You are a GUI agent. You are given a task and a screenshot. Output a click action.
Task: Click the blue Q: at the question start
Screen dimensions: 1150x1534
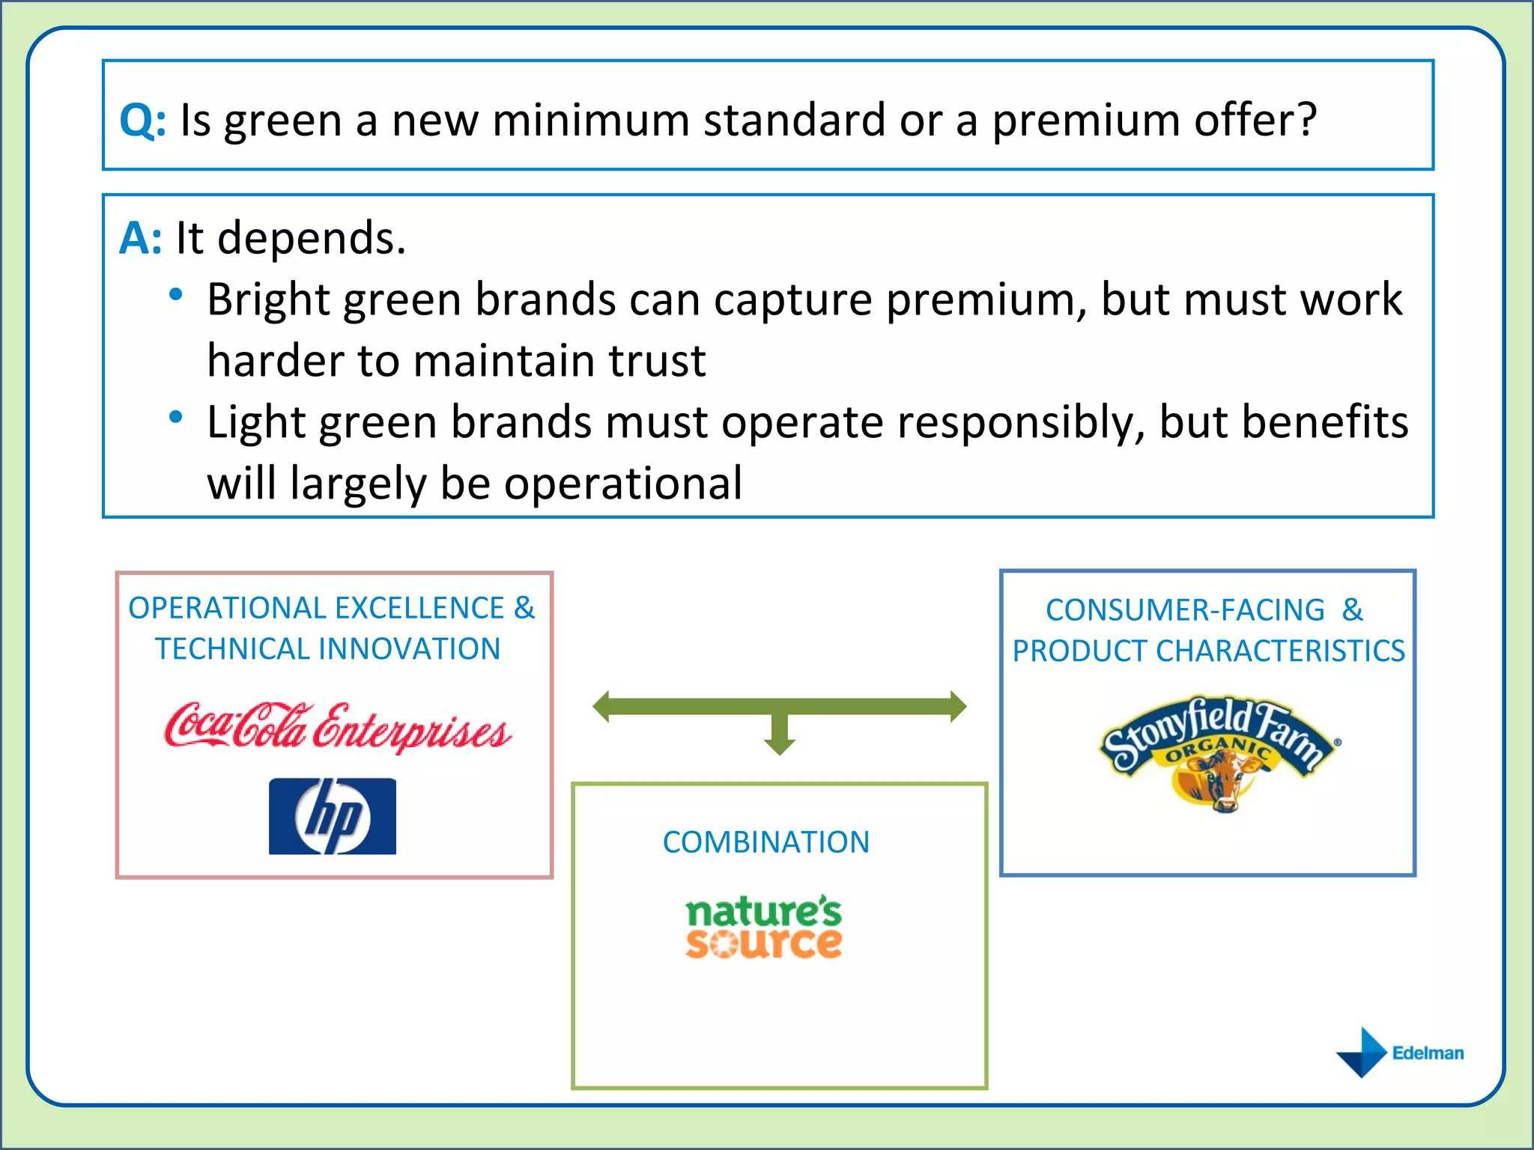coord(142,120)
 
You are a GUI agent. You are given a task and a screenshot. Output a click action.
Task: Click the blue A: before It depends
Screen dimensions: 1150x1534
coord(140,239)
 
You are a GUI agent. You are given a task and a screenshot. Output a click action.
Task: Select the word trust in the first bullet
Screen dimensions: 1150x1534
coord(657,361)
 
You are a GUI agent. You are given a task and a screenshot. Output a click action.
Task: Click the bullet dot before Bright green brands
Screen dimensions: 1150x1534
coord(176,294)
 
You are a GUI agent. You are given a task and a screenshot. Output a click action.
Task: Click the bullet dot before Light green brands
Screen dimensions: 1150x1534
coord(176,417)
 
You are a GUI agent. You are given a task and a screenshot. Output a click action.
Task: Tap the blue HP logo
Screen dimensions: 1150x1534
coord(333,816)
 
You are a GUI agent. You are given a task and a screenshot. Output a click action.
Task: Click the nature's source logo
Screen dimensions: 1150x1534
coord(764,927)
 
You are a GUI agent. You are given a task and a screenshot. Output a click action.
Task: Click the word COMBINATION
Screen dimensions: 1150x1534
coord(766,842)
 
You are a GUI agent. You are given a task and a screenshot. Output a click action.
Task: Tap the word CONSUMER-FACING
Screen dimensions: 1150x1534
coord(1185,610)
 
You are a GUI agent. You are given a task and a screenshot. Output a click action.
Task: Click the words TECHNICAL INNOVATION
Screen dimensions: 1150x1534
coord(327,649)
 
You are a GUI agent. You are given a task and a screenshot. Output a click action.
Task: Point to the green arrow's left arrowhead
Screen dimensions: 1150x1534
coord(601,706)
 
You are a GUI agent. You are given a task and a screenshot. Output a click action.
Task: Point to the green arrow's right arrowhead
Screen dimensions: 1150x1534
coord(958,706)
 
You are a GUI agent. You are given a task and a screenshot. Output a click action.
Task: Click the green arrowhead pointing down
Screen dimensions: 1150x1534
coord(779,745)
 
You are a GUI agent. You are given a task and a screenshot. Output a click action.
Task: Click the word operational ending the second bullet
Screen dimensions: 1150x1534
coord(623,484)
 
